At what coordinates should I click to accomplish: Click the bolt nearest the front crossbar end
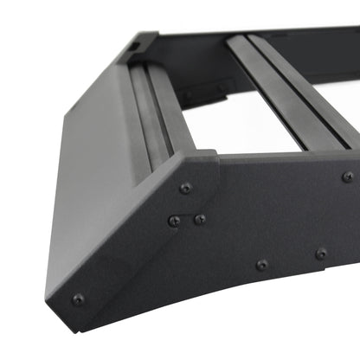(x=185, y=188)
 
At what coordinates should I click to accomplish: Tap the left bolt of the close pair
(x=174, y=221)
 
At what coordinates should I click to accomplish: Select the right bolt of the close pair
(x=200, y=219)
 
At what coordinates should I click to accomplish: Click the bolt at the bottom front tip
(x=78, y=299)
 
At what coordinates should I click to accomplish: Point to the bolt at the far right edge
(x=348, y=176)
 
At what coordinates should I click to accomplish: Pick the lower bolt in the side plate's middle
(x=261, y=264)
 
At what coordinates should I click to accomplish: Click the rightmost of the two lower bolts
(x=321, y=254)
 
